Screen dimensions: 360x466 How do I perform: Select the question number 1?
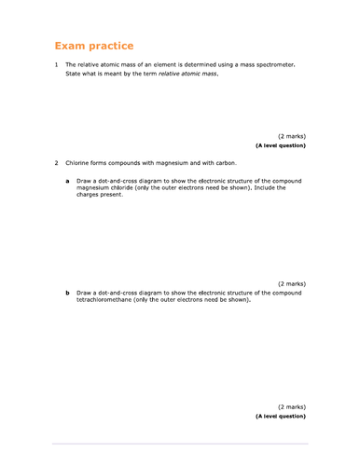(56, 64)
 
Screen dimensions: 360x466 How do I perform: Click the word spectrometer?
(272, 64)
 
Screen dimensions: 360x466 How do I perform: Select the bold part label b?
(66, 293)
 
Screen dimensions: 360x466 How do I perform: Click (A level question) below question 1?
(280, 145)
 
